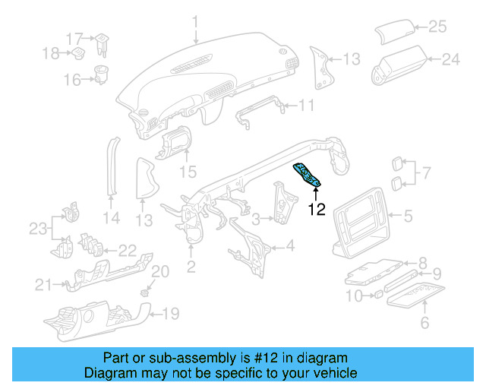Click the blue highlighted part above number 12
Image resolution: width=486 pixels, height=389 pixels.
point(310,176)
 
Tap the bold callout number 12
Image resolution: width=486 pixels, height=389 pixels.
point(317,210)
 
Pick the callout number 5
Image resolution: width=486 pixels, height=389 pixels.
point(407,217)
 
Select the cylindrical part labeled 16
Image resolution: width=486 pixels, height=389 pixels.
point(100,76)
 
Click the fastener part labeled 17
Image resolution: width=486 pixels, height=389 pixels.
point(102,43)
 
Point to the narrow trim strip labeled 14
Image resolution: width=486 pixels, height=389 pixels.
point(113,165)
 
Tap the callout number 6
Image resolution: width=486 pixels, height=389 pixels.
point(424,324)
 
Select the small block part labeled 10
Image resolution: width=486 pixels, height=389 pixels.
point(375,293)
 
